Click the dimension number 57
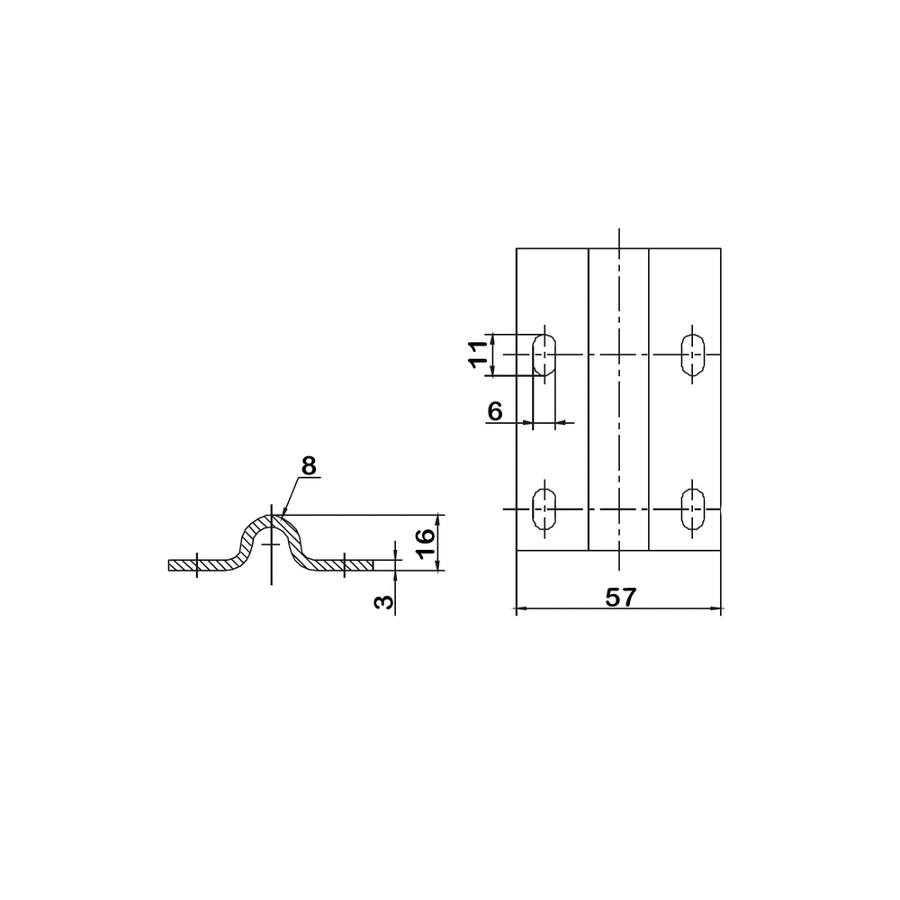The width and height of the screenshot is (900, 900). tap(620, 598)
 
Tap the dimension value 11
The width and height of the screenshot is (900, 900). tap(478, 355)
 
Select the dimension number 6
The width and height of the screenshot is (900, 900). tap(495, 411)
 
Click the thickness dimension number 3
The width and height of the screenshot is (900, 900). tap(384, 601)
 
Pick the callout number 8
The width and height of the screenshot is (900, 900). tap(309, 465)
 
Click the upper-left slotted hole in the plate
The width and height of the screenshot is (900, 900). tap(544, 355)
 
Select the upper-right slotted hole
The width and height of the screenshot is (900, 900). tap(693, 355)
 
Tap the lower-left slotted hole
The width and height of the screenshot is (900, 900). tap(544, 508)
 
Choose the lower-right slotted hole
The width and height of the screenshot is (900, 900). tap(693, 508)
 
